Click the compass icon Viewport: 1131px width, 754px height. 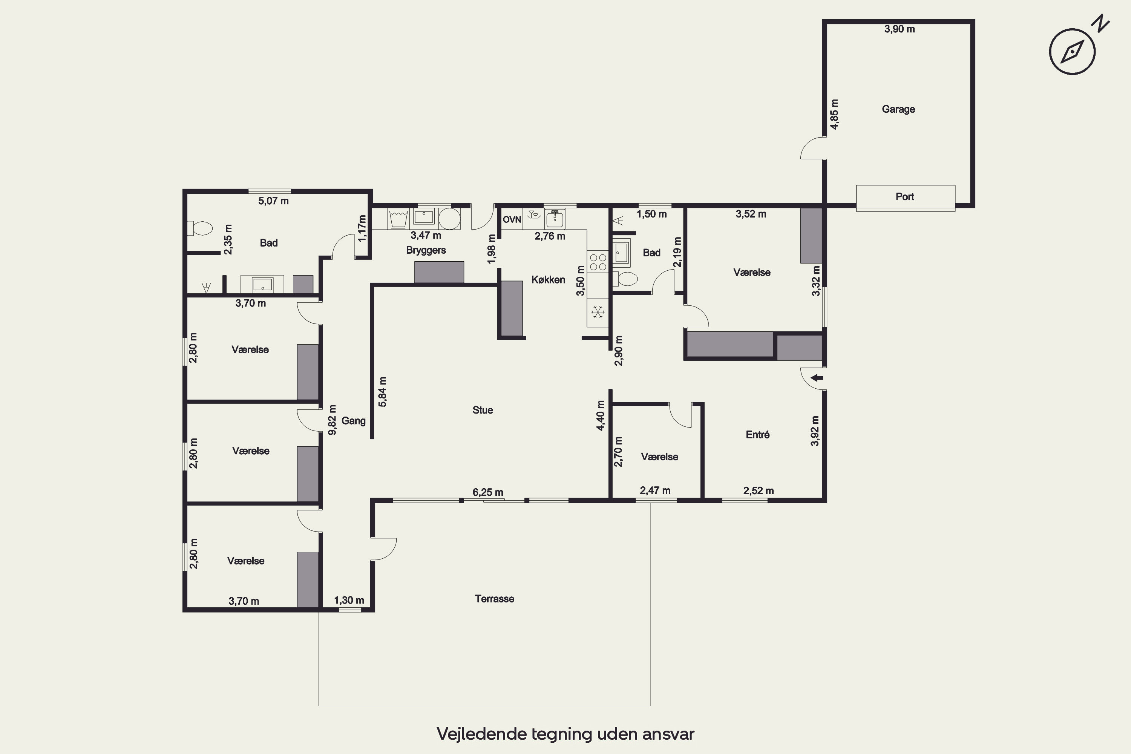click(1072, 51)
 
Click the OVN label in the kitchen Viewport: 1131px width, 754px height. click(512, 220)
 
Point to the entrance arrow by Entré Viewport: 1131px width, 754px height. click(817, 378)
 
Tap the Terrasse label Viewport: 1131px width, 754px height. click(494, 599)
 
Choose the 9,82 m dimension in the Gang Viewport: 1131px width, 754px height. click(332, 420)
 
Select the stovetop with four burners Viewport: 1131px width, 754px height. click(598, 262)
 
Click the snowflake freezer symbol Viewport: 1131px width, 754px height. click(598, 313)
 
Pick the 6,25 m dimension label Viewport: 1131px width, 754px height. click(487, 492)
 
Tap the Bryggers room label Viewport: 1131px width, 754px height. click(426, 250)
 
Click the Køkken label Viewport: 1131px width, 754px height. click(548, 280)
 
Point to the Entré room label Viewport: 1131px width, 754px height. click(757, 435)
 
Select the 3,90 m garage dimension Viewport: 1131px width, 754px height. click(899, 29)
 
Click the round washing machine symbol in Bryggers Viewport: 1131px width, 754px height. click(449, 219)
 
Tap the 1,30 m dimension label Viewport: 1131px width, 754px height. click(349, 600)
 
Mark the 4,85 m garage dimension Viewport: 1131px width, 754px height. click(834, 114)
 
